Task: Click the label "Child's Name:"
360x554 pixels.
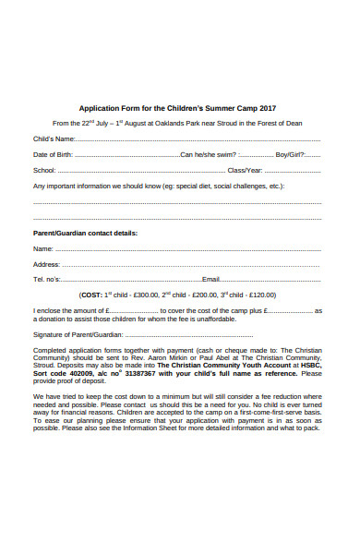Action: (54, 138)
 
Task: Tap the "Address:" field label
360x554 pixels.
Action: (47, 264)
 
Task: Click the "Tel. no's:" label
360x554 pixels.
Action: (48, 279)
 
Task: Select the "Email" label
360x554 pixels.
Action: (211, 279)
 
